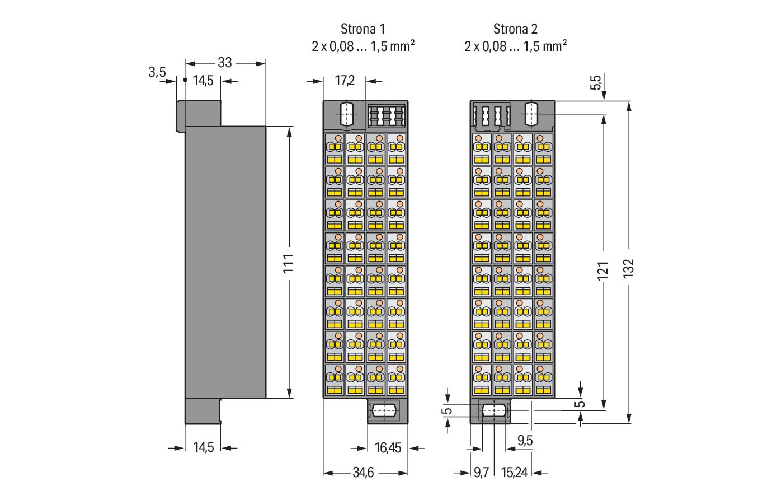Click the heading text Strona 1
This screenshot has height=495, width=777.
(x=362, y=29)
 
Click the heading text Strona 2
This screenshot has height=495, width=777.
(x=515, y=29)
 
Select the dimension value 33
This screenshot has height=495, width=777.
(x=225, y=63)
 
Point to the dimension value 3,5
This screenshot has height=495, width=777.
(x=157, y=72)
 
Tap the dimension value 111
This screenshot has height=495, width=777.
(x=289, y=263)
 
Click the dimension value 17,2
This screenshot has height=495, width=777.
(x=345, y=81)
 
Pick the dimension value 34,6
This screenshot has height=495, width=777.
(x=363, y=473)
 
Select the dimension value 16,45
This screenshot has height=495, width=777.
(x=388, y=448)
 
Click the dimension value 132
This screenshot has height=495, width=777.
(x=629, y=268)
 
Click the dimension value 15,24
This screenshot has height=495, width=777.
(x=514, y=473)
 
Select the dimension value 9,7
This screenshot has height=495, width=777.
(x=481, y=473)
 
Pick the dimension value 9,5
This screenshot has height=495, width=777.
(x=525, y=441)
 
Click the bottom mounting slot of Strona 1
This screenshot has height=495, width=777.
(x=383, y=410)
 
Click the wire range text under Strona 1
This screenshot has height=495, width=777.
(x=362, y=46)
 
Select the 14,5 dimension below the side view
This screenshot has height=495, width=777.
(x=203, y=447)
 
